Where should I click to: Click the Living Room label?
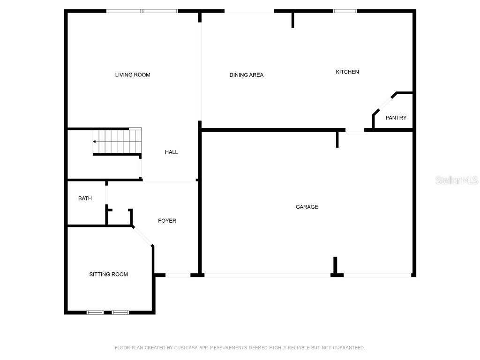(133, 75)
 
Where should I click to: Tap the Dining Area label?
(247, 75)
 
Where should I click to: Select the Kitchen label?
(347, 72)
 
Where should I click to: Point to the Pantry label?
(396, 118)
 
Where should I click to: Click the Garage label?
(307, 207)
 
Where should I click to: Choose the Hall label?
(172, 152)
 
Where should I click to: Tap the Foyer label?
(167, 221)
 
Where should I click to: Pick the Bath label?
(85, 198)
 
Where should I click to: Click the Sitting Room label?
(109, 274)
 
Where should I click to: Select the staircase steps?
(117, 142)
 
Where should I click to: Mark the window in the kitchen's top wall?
(345, 11)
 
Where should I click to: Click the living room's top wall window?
(142, 11)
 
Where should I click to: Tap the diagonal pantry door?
(385, 104)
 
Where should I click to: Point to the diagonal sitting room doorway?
(142, 236)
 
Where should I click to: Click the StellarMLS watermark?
(457, 180)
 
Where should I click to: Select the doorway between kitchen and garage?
(355, 130)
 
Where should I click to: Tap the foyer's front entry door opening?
(178, 275)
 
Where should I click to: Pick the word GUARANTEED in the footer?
(349, 348)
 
